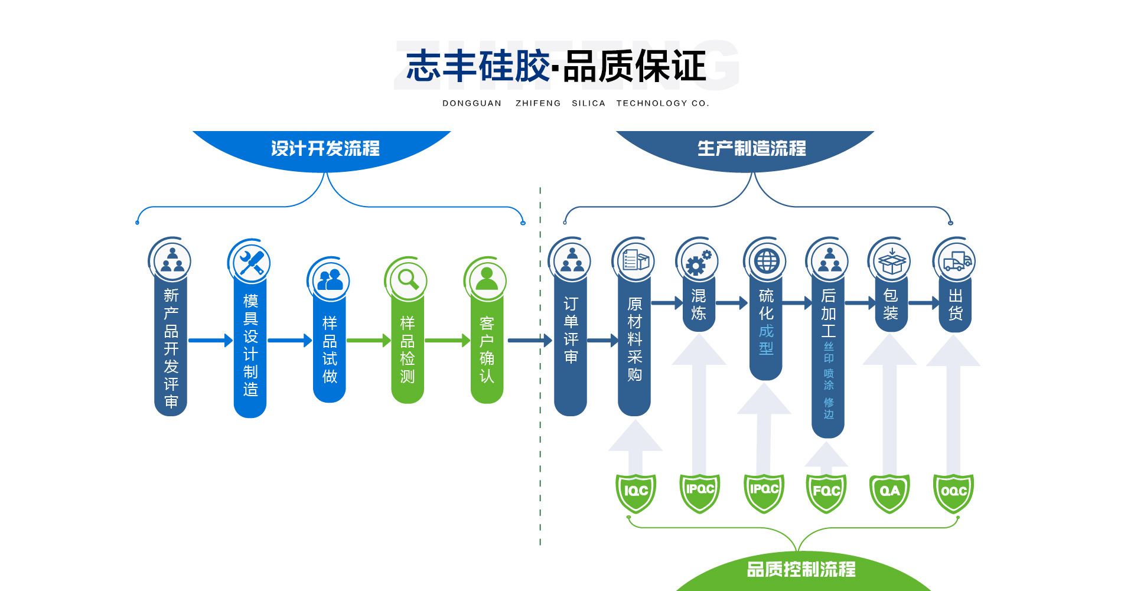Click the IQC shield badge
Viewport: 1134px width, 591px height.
point(636,492)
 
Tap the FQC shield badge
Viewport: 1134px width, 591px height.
point(826,492)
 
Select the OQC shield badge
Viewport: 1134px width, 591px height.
point(953,492)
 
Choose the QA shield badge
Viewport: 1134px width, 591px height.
point(889,492)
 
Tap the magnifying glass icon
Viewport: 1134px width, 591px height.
point(408,279)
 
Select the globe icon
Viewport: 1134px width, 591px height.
point(767,261)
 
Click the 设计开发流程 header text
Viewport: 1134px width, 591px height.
point(325,148)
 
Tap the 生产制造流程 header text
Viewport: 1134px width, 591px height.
point(751,148)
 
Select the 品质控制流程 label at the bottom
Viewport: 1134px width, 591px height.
point(801,569)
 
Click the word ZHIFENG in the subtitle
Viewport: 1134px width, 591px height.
point(538,103)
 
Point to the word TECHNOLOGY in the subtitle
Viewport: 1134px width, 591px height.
point(652,103)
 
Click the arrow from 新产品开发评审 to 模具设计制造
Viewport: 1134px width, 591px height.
point(210,340)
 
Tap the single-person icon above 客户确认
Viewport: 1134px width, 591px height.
point(487,279)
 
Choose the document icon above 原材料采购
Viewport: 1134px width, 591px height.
point(636,260)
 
